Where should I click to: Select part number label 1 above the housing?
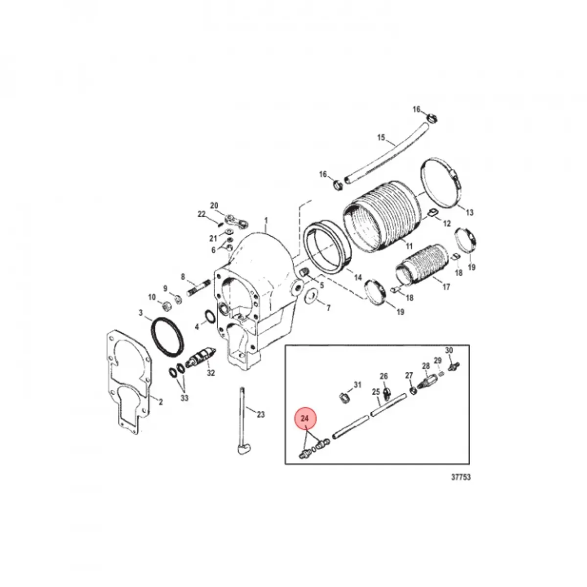[x=266, y=220]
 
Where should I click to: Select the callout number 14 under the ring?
[x=358, y=278]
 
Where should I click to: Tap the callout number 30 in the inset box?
[x=449, y=350]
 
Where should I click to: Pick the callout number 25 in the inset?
[x=376, y=391]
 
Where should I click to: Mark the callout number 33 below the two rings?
[x=184, y=398]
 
